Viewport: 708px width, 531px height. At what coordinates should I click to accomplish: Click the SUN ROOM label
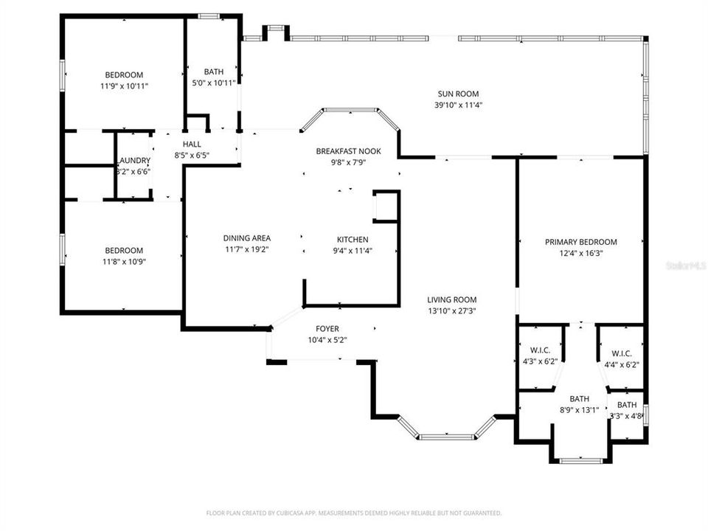click(x=458, y=94)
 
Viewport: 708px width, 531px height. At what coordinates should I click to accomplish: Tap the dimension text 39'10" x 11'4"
click(x=458, y=105)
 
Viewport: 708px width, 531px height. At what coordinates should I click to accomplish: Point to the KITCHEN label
click(x=353, y=240)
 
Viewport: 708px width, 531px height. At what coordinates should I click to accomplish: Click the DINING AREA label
click(x=247, y=238)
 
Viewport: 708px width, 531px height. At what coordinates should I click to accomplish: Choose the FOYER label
click(x=327, y=329)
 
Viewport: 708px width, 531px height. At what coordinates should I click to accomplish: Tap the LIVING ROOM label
click(x=452, y=300)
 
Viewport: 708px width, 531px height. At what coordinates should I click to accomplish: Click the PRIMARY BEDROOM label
click(x=580, y=242)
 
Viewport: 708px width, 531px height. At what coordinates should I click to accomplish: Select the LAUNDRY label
click(x=133, y=161)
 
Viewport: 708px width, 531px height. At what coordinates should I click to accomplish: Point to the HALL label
click(x=192, y=145)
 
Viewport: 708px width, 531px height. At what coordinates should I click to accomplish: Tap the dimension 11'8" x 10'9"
click(x=124, y=262)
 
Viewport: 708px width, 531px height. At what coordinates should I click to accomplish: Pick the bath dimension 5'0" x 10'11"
click(x=214, y=83)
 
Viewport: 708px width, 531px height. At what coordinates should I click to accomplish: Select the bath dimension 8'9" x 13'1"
click(x=580, y=410)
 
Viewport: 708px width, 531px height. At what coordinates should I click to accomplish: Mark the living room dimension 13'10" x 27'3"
click(x=452, y=311)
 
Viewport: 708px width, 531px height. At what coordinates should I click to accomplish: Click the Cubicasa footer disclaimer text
click(x=354, y=513)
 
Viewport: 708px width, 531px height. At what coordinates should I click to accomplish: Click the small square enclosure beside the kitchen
click(x=386, y=206)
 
